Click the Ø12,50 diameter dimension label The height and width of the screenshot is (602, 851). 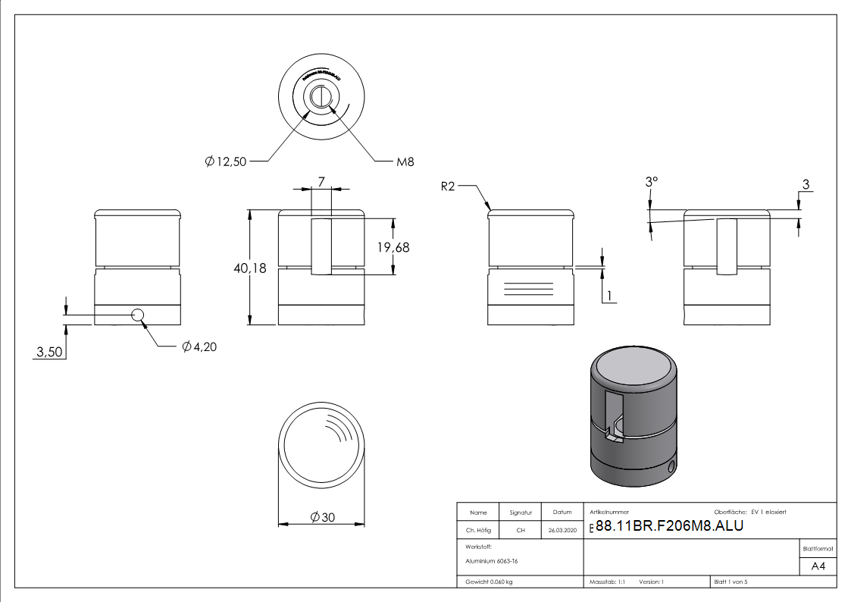coord(226,161)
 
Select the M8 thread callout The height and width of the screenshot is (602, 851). coord(405,161)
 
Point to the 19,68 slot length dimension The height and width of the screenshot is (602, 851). coord(393,247)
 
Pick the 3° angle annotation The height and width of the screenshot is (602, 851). coord(651,183)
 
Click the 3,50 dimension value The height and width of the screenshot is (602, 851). coord(49,352)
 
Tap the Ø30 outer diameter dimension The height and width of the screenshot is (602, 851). coord(322,517)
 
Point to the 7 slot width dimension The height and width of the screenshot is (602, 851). coord(321,182)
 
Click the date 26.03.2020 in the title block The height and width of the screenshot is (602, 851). coord(562,531)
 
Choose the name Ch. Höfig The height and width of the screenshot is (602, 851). coord(478,531)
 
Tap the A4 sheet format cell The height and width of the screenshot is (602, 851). coord(818,566)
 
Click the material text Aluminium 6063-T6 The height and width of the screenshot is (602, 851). coord(492,561)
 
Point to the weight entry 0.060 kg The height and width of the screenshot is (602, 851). coord(490,582)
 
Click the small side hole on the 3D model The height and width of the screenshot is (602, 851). coord(671,466)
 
